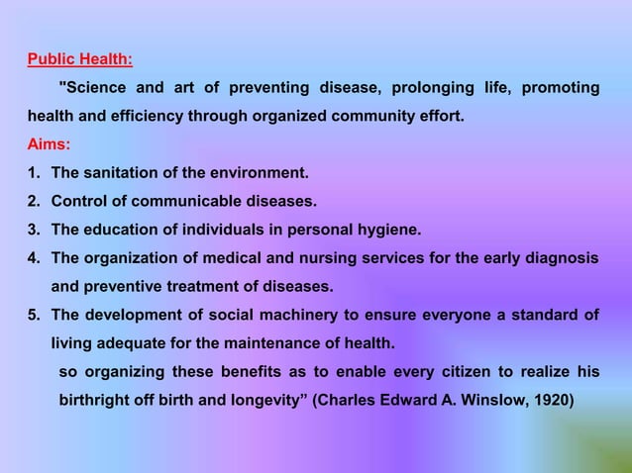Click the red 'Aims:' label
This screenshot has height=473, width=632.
(x=49, y=143)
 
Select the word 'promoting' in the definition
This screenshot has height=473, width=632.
(x=560, y=88)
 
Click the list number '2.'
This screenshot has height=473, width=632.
(x=36, y=201)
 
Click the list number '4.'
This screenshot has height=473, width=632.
(x=36, y=258)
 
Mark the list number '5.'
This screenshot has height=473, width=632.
(x=36, y=316)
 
